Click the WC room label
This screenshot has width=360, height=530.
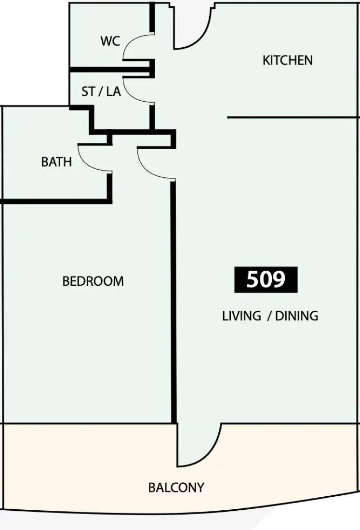coord(110,41)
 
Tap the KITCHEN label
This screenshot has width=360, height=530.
coord(288,61)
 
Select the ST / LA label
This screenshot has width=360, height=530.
coord(101,91)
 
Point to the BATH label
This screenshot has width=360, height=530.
coord(56,162)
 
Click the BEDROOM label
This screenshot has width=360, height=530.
coord(93,281)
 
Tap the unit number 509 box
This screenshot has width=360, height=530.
coord(266,279)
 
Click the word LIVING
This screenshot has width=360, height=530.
coord(242,316)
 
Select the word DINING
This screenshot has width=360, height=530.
coord(297,316)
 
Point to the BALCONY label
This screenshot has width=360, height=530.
coord(176,488)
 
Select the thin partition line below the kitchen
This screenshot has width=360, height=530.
coord(293,117)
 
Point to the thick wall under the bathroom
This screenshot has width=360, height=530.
coord(56,201)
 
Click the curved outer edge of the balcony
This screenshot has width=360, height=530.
coord(179,513)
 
